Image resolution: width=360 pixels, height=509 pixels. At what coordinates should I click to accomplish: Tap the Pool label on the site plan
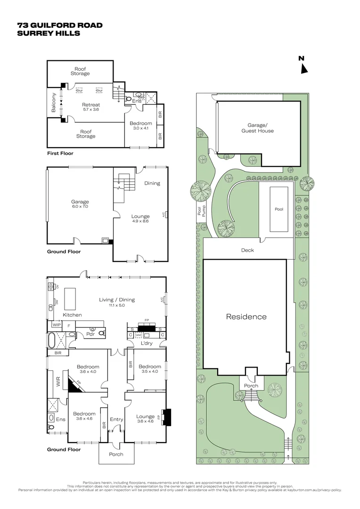pyautogui.click(x=279, y=209)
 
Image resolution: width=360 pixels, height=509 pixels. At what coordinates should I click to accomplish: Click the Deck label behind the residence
pyautogui.click(x=247, y=250)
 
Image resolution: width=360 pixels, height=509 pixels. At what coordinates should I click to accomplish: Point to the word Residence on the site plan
pyautogui.click(x=246, y=317)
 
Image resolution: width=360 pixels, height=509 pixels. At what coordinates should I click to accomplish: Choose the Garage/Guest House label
pyautogui.click(x=257, y=128)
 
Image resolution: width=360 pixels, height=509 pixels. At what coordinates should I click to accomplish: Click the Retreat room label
pyautogui.click(x=91, y=105)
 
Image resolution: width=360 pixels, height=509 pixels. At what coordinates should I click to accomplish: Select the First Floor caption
pyautogui.click(x=60, y=153)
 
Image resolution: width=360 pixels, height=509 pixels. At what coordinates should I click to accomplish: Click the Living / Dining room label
pyautogui.click(x=116, y=299)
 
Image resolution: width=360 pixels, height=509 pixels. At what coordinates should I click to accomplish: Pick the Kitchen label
pyautogui.click(x=72, y=315)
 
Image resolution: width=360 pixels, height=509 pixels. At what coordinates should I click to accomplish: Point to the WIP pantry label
pyautogui.click(x=56, y=325)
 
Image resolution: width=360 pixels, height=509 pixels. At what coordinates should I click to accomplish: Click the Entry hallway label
pyautogui.click(x=116, y=419)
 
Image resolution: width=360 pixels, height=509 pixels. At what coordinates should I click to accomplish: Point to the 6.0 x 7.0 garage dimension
pyautogui.click(x=80, y=206)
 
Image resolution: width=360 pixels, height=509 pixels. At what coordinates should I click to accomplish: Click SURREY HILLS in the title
pyautogui.click(x=49, y=33)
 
